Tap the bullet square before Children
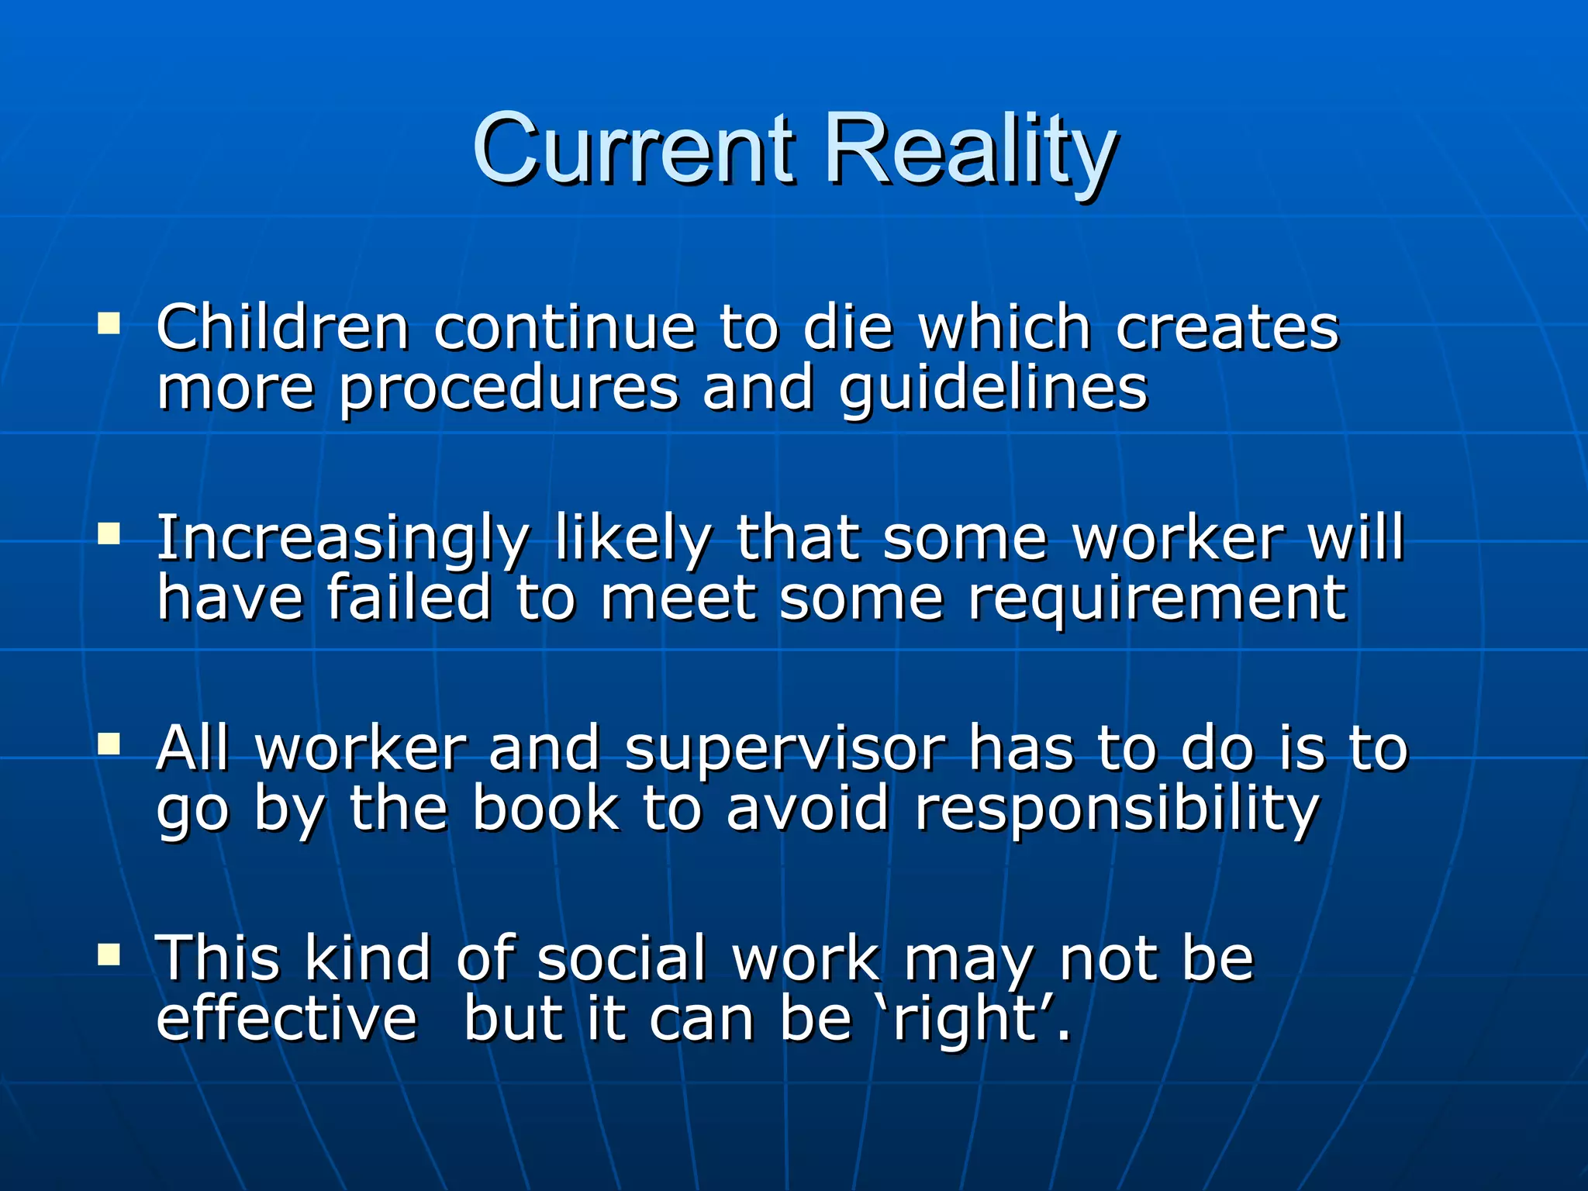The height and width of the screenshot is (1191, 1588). (x=109, y=323)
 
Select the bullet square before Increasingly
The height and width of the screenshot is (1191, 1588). (x=109, y=533)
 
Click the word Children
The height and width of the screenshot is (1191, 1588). (x=282, y=327)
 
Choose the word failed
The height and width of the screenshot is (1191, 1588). (x=409, y=599)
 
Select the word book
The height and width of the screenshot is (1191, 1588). (x=546, y=809)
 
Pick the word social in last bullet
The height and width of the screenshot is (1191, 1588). (x=621, y=959)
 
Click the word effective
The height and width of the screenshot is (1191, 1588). (x=286, y=1018)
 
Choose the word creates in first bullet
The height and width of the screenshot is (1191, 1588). (x=1227, y=327)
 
